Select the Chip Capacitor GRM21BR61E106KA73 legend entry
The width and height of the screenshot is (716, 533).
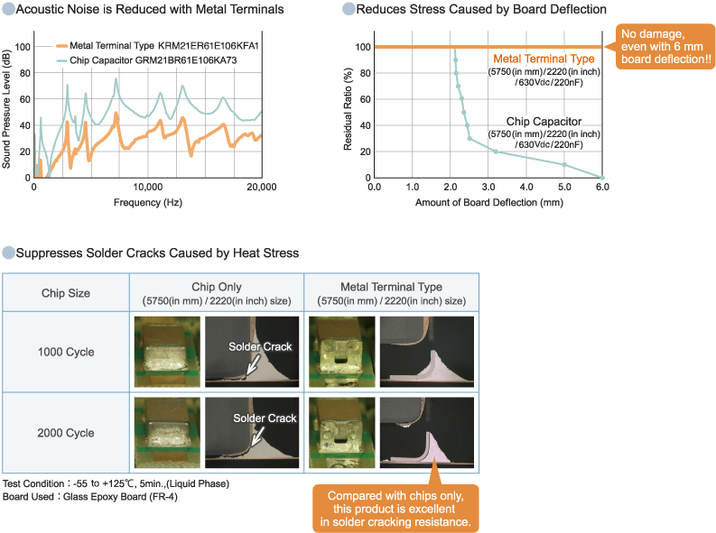(x=149, y=60)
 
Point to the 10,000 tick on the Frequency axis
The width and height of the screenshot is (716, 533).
(x=147, y=187)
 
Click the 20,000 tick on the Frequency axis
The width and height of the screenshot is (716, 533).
(x=261, y=187)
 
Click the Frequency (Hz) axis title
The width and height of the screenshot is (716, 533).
(x=147, y=202)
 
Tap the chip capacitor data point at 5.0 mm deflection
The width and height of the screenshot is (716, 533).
(x=564, y=164)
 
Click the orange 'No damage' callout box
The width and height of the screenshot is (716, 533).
(x=664, y=48)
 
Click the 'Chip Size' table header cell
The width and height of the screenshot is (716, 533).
(x=67, y=292)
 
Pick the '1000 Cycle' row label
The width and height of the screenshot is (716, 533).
(x=67, y=352)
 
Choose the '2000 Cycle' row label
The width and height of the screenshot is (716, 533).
(x=67, y=433)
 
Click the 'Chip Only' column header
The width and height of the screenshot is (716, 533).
(x=216, y=287)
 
